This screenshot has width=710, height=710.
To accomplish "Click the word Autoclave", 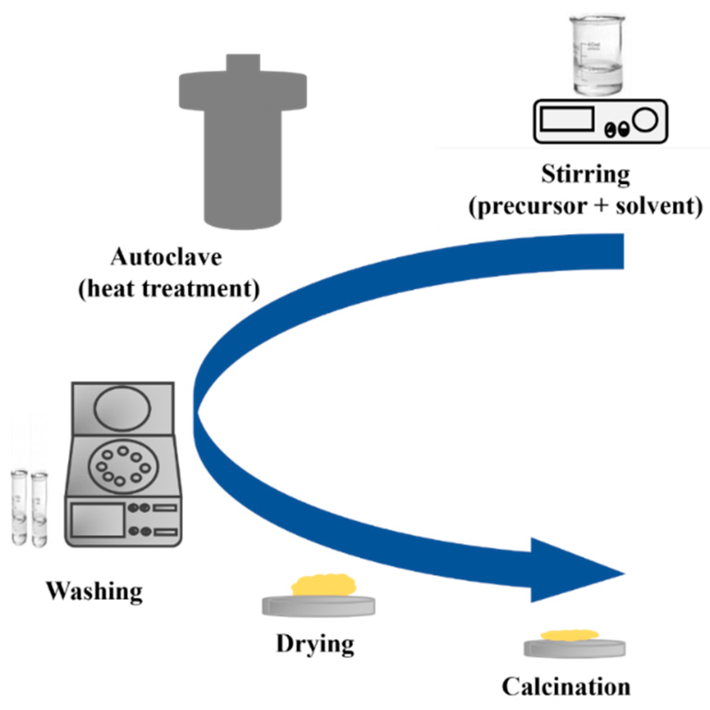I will point(166,257).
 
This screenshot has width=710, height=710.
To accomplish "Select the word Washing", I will point(94,591).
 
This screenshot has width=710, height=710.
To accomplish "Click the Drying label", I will point(315,644).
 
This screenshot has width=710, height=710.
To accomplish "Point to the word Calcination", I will point(566,687).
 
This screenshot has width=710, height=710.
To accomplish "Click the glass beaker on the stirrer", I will point(597,55).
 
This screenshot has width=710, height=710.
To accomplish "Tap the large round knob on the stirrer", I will point(645,119).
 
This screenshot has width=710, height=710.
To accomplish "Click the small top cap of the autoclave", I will point(243,63).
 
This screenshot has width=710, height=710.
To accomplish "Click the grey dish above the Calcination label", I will point(574,648).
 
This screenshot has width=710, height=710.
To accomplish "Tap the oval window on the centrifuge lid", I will point(122,408).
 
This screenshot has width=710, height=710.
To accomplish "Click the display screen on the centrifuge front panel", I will point(98,520).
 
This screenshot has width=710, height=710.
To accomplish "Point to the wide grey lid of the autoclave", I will point(243,92).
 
